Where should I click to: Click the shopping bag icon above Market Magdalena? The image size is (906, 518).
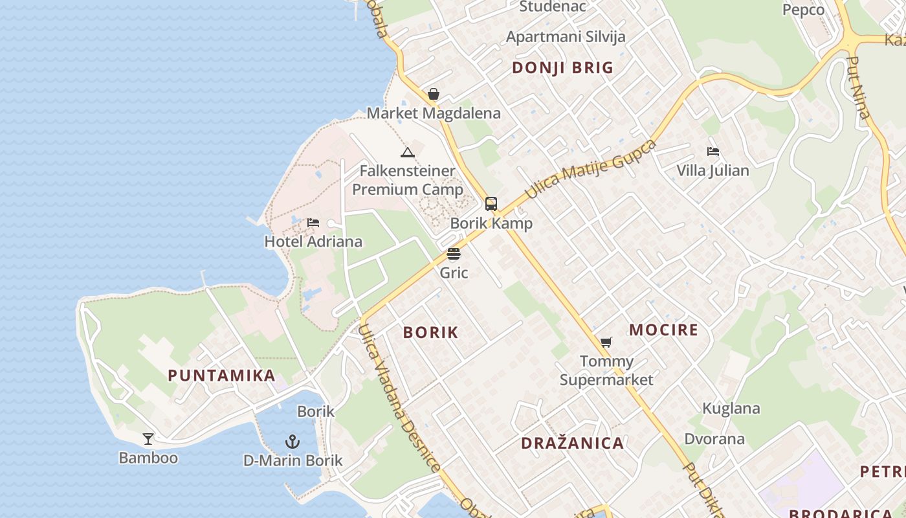point(434,95)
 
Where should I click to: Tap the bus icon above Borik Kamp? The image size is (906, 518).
point(491,204)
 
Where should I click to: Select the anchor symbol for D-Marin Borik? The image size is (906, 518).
point(293,442)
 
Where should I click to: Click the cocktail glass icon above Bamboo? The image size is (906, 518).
point(148,439)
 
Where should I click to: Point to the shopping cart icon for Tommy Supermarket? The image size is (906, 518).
point(606,342)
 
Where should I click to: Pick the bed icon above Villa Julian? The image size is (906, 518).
point(713,152)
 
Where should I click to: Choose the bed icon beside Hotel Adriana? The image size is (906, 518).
point(313,223)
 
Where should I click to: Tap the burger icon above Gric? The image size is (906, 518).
point(454,253)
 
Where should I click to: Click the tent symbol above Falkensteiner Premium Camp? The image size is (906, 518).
point(407,153)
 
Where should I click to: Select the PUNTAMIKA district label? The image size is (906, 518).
point(221,376)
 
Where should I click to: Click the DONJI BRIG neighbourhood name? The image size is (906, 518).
point(562,68)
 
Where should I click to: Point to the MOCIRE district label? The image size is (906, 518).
point(664,330)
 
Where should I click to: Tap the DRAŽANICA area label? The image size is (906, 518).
point(573,444)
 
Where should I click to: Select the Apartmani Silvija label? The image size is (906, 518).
point(566,36)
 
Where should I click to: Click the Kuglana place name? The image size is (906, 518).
point(731,409)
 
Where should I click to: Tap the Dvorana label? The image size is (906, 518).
point(714,439)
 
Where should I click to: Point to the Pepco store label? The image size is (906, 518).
point(803,10)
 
